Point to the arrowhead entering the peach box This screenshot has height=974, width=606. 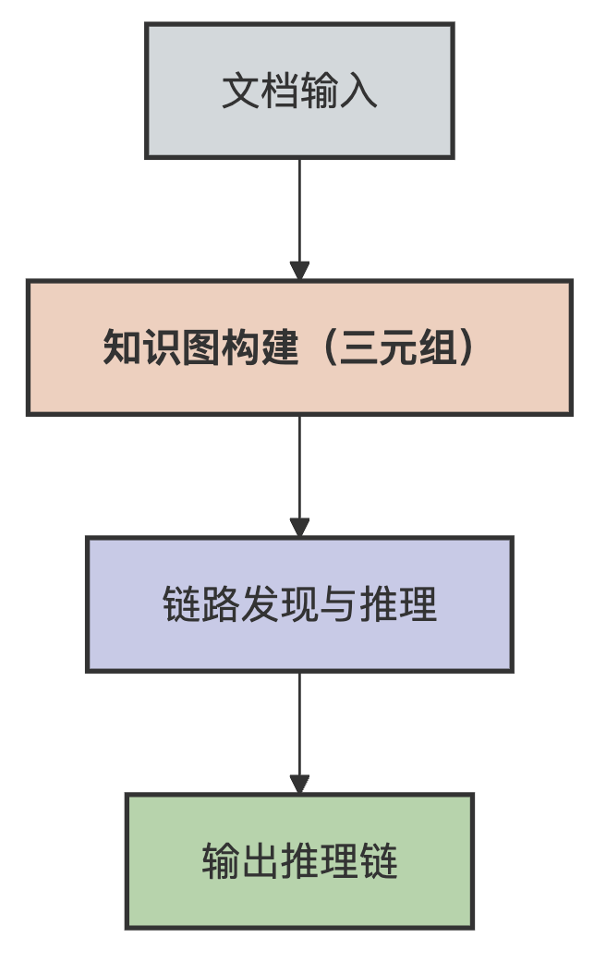(x=299, y=271)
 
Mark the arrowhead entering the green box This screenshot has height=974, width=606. (x=299, y=785)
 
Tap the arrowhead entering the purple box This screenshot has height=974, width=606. (x=299, y=528)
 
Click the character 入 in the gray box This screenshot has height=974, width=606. (x=359, y=92)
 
